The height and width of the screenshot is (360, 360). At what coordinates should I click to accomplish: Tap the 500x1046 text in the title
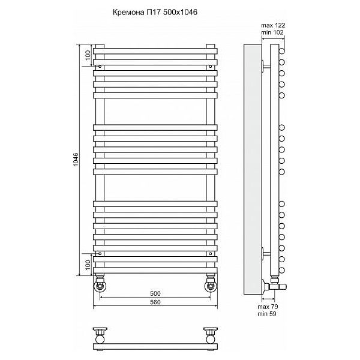(x=180, y=12)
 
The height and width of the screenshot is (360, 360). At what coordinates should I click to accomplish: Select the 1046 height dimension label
(x=76, y=160)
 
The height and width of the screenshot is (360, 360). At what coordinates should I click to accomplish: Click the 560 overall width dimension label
(x=155, y=302)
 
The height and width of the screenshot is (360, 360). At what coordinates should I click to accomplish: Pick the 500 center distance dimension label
(x=155, y=293)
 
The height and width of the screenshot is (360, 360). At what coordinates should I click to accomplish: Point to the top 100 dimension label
(x=88, y=55)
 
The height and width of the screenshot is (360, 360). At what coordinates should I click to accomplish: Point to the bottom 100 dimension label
(x=88, y=265)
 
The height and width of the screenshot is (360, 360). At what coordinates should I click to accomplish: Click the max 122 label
(x=273, y=25)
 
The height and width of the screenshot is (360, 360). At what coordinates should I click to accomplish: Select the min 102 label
(x=272, y=32)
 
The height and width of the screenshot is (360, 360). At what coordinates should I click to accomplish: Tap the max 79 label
(x=268, y=307)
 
